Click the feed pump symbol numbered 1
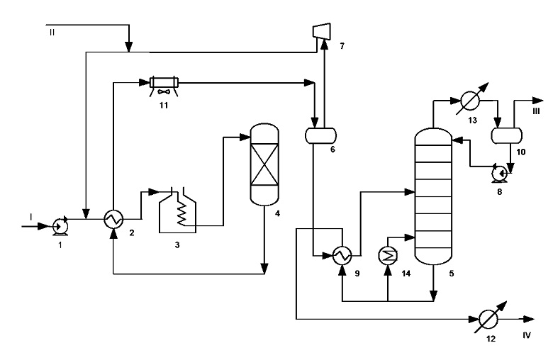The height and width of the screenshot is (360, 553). tap(60, 226)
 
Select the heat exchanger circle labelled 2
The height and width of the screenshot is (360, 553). tap(113, 219)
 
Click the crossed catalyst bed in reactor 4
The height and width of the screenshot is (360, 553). tap(264, 165)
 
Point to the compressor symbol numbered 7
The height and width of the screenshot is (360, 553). tap(322, 31)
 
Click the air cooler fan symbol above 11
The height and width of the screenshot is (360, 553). tap(164, 91)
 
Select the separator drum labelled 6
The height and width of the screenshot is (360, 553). tap(320, 135)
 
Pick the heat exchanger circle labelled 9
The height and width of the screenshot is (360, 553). tap(342, 255)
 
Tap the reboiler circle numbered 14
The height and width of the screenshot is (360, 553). tap(388, 255)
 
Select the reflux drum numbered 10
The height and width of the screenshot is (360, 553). tap(507, 135)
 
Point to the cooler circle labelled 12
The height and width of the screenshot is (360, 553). tap(488, 320)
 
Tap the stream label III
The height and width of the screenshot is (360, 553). tap(536, 111)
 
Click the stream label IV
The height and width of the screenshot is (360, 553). tap(527, 335)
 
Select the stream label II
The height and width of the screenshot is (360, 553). tap(52, 33)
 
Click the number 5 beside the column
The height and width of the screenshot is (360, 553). tap(452, 274)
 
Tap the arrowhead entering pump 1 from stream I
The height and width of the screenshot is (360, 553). tap(43, 226)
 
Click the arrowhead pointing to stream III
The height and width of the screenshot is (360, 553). tap(538, 101)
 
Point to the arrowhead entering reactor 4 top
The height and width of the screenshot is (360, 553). tap(245, 137)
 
